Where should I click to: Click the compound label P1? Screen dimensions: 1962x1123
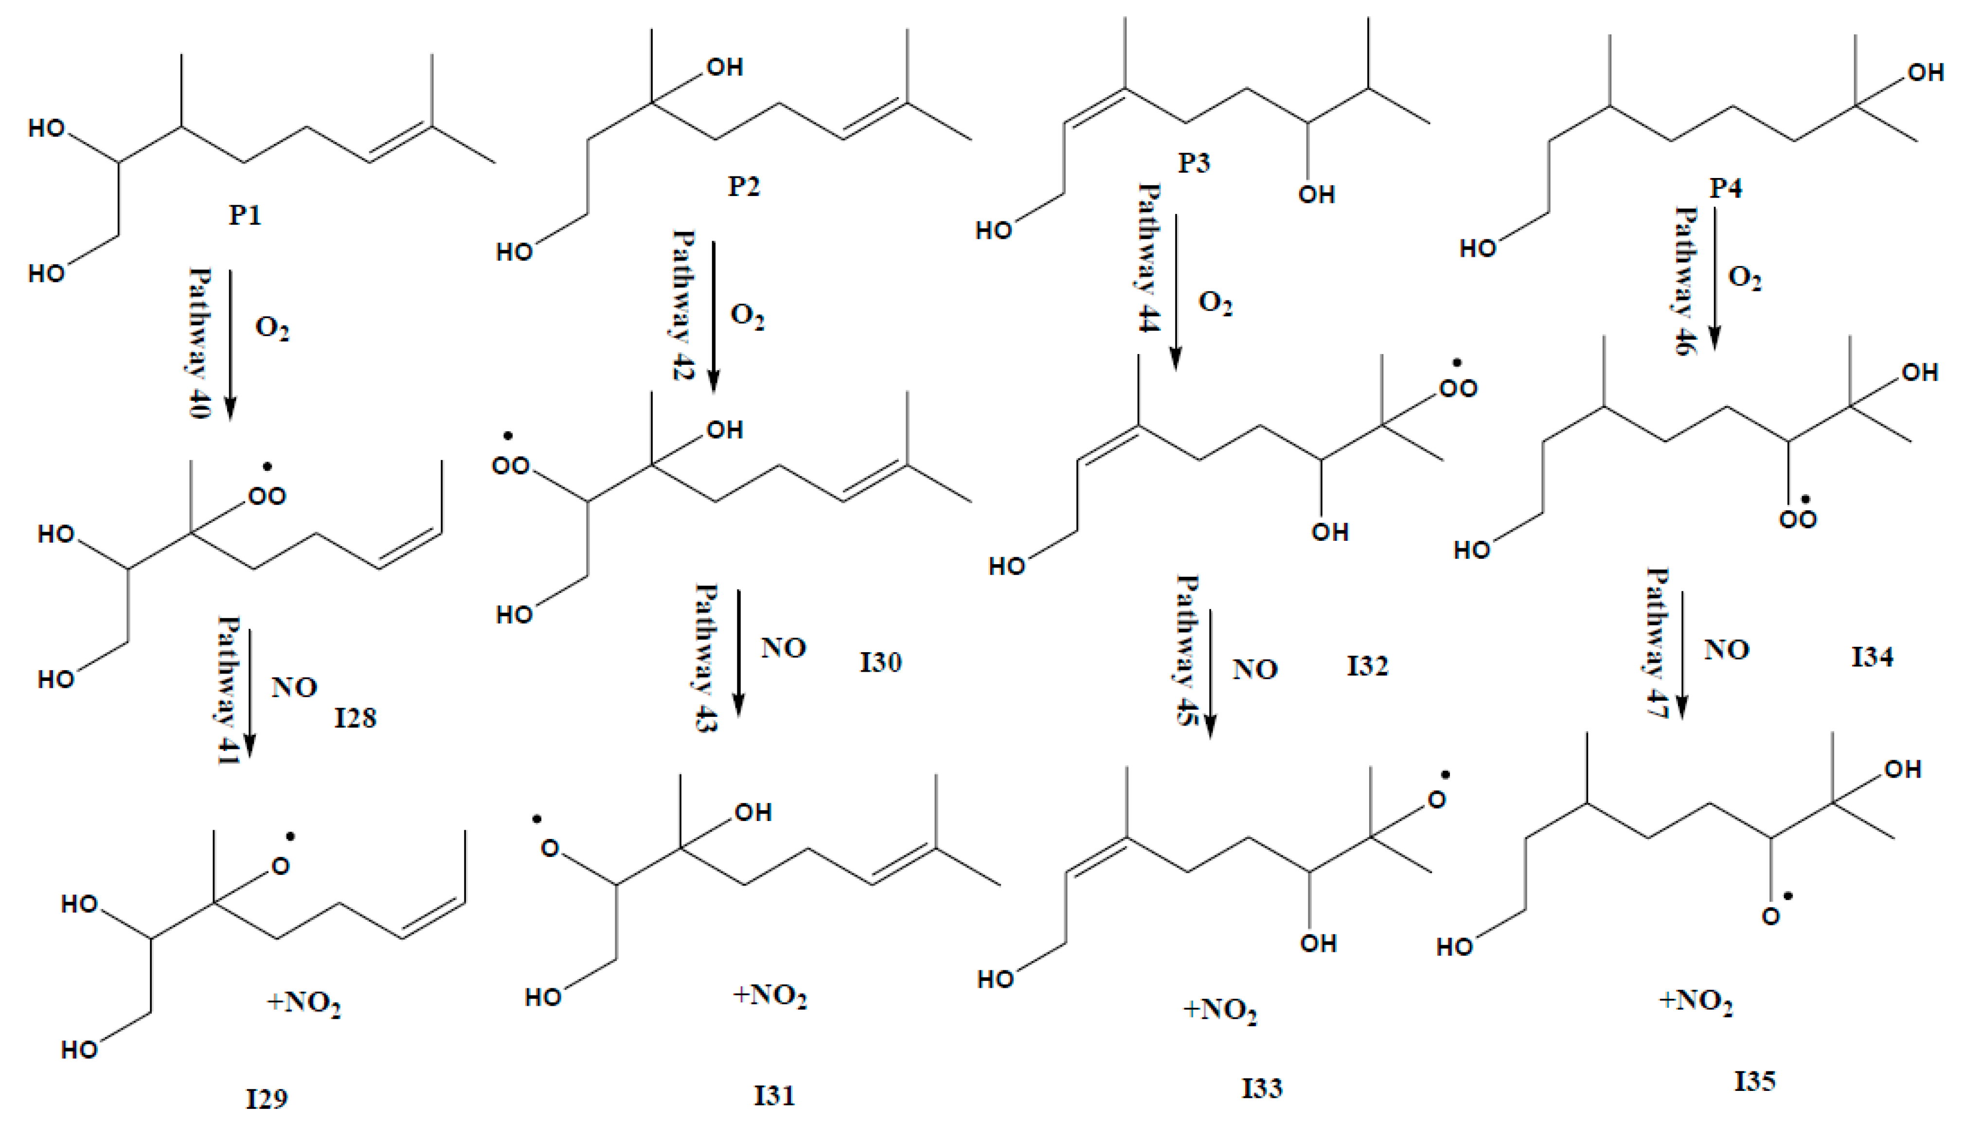point(245,214)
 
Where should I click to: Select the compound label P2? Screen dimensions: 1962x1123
point(744,186)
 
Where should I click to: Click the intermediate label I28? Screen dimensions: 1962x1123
point(355,718)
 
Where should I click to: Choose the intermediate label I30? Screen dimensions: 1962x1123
point(881,662)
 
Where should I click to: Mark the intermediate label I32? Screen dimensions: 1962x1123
point(1367,666)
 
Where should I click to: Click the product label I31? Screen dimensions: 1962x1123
point(774,1094)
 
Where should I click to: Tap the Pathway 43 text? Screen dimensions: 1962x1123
point(706,657)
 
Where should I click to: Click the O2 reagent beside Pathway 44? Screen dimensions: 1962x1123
point(1214,303)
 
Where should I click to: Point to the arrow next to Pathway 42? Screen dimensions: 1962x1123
point(714,316)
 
